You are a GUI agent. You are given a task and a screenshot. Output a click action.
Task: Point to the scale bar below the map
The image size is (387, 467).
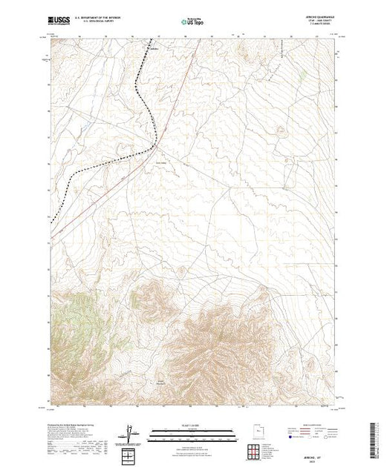(186, 431)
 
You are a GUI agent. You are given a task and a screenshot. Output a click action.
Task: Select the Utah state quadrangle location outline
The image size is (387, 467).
(256, 431)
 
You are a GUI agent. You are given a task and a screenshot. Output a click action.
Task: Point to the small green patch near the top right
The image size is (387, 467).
(303, 74)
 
